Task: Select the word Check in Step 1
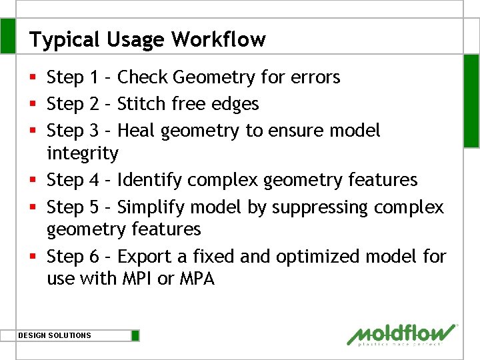(x=143, y=77)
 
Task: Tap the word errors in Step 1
(x=315, y=77)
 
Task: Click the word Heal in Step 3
(x=135, y=130)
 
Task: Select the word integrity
(x=82, y=154)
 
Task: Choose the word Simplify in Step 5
(x=150, y=207)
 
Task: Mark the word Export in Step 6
(x=143, y=256)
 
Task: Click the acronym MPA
(x=197, y=279)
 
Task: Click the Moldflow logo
(x=402, y=335)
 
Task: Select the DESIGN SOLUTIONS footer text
(x=55, y=335)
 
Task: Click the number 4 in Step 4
(x=95, y=180)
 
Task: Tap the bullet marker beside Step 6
(x=33, y=257)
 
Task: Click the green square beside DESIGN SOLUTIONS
(x=135, y=335)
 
